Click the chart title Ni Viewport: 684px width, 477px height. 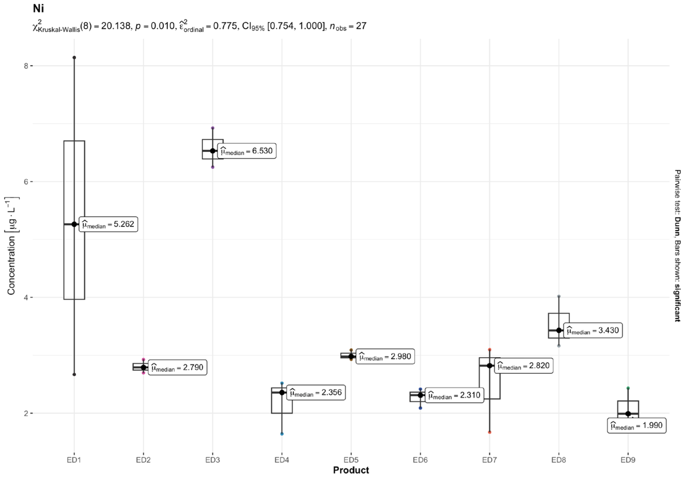pyautogui.click(x=38, y=9)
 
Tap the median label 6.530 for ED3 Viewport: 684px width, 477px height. pyautogui.click(x=247, y=151)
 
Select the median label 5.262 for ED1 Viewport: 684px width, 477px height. pyautogui.click(x=108, y=224)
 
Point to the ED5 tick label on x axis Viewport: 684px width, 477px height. pyautogui.click(x=351, y=460)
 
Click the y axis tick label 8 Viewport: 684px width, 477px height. pyautogui.click(x=26, y=66)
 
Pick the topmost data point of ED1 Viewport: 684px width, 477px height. pyautogui.click(x=74, y=58)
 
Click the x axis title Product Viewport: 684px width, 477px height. pyautogui.click(x=351, y=470)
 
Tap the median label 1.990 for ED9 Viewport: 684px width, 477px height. pyautogui.click(x=637, y=425)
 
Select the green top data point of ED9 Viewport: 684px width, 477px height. pyautogui.click(x=628, y=388)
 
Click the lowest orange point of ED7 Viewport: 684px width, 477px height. pyautogui.click(x=489, y=432)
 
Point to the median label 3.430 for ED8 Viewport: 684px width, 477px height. pyautogui.click(x=593, y=330)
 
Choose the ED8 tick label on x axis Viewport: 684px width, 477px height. pyautogui.click(x=559, y=460)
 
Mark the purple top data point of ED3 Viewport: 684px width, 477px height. pyautogui.click(x=213, y=128)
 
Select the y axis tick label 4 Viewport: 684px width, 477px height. pyautogui.click(x=26, y=297)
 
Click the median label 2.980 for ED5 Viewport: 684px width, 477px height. pyautogui.click(x=385, y=357)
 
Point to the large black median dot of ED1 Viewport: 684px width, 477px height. pyautogui.click(x=74, y=224)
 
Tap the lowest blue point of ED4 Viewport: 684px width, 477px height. pyautogui.click(x=282, y=434)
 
